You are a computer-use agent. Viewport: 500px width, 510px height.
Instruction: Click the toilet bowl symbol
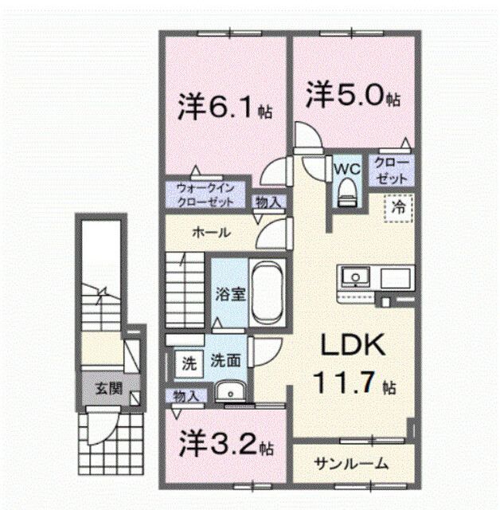[346, 191]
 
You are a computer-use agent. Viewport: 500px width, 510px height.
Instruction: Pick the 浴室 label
[228, 293]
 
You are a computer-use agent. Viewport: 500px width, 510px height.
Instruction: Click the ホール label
[211, 233]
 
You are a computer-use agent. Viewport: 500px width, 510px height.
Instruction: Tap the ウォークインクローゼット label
[205, 196]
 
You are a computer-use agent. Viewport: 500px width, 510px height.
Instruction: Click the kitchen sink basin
[355, 277]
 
